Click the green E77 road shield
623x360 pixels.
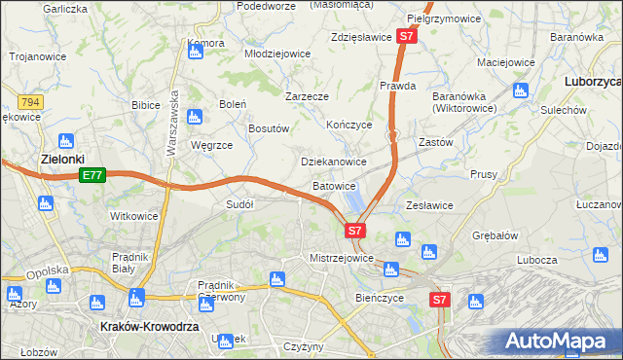pyautogui.click(x=92, y=175)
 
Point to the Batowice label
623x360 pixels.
pyautogui.click(x=334, y=185)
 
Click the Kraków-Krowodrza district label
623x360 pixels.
pyautogui.click(x=145, y=328)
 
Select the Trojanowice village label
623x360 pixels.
pyautogui.click(x=38, y=56)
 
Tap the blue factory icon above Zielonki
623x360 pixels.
pyautogui.click(x=66, y=140)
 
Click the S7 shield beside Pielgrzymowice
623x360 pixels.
pyautogui.click(x=408, y=37)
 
